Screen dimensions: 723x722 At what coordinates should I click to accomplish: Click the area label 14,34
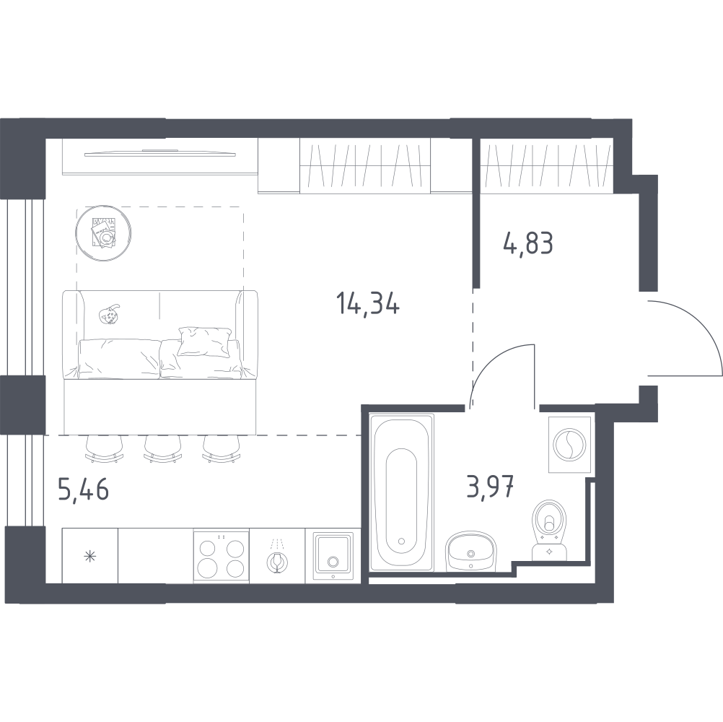pos(368,303)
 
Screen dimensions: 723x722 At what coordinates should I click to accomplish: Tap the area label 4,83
pos(528,243)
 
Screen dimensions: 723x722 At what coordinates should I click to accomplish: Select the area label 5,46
pos(84,489)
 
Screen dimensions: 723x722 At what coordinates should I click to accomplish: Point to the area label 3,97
pos(490,487)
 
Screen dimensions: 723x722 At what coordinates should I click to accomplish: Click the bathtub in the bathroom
pos(402,492)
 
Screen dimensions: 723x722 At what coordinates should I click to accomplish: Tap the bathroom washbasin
pos(470,552)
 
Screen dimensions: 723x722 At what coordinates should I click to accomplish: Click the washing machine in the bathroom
pos(569,445)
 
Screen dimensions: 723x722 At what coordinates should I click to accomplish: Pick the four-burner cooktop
pos(222,557)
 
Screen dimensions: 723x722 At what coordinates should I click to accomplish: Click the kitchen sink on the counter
pos(333,556)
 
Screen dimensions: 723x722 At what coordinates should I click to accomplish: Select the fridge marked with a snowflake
pos(90,555)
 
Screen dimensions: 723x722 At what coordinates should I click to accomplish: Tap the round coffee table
pos(104,234)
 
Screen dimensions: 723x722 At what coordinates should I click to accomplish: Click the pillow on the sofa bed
pos(204,342)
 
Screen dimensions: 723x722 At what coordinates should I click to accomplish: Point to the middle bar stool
pos(162,448)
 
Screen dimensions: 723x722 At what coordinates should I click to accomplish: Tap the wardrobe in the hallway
pos(546,167)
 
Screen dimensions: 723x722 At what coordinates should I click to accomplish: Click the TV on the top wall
pos(160,153)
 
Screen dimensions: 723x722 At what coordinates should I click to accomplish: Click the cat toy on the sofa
pos(110,315)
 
